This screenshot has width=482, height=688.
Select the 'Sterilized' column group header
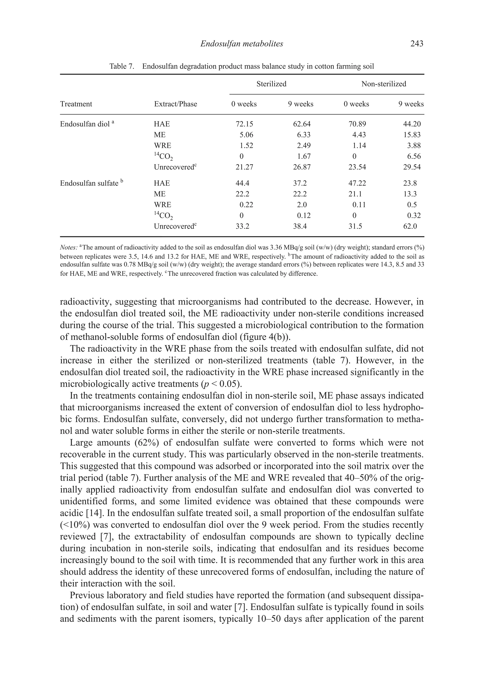(271, 84)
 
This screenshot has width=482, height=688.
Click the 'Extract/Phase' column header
(175, 104)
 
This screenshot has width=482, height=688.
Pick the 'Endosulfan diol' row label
(85, 124)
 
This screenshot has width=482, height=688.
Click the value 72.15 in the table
(244, 124)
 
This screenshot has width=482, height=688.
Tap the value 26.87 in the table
(302, 167)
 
